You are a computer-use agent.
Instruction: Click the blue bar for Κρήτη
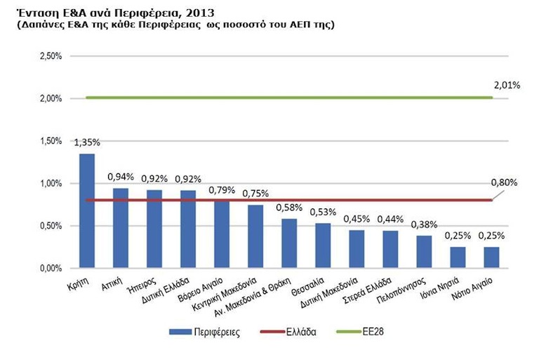tap(87, 211)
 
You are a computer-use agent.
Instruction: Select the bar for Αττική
tap(121, 228)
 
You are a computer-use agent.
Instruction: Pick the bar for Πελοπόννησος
tap(424, 252)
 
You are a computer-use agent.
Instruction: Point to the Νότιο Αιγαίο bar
tap(491, 258)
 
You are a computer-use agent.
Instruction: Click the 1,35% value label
tap(87, 142)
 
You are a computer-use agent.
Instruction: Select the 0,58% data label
tap(289, 208)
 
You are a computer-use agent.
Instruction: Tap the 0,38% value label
tap(424, 225)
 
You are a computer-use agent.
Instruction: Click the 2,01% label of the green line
tap(506, 86)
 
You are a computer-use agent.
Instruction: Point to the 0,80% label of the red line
tap(504, 182)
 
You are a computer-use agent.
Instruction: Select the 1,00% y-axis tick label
tap(51, 184)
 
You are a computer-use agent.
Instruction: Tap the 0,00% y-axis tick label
tap(51, 269)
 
